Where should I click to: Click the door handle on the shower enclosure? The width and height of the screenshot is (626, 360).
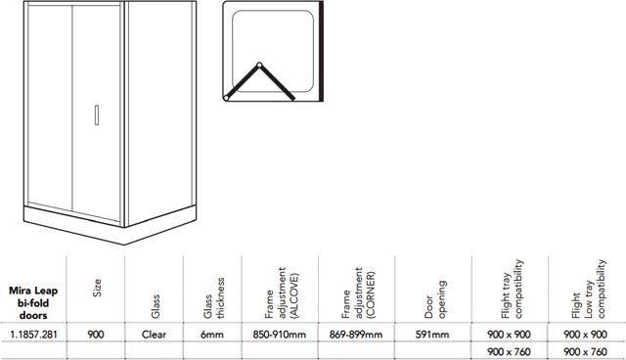[97, 114]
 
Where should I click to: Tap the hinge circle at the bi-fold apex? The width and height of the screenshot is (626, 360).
[259, 65]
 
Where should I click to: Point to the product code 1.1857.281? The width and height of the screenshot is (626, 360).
[33, 335]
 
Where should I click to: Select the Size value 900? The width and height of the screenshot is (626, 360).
[96, 335]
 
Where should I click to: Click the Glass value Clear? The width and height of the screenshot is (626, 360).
[154, 335]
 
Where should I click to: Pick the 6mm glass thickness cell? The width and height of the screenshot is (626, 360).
[212, 335]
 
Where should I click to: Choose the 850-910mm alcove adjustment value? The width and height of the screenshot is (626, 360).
[280, 335]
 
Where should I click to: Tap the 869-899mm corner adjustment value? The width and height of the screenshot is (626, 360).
[356, 335]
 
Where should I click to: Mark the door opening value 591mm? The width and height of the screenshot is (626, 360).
[432, 335]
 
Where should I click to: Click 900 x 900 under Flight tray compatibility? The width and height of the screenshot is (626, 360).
[509, 335]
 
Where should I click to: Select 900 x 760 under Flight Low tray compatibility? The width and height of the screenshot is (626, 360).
[586, 352]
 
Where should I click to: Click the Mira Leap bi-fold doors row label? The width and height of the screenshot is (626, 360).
[33, 302]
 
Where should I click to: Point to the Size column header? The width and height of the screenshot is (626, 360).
[97, 288]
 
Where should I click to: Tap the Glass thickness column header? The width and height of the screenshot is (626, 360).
[213, 298]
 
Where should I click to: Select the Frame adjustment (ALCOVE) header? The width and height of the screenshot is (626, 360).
[282, 293]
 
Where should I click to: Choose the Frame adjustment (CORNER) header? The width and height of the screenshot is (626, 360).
[358, 293]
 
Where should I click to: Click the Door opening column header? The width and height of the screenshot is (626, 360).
[435, 299]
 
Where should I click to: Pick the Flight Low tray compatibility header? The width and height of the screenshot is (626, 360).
[589, 290]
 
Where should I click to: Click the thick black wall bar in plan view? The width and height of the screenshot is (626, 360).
[321, 51]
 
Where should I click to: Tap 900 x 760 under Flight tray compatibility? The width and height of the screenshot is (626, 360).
[509, 352]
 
